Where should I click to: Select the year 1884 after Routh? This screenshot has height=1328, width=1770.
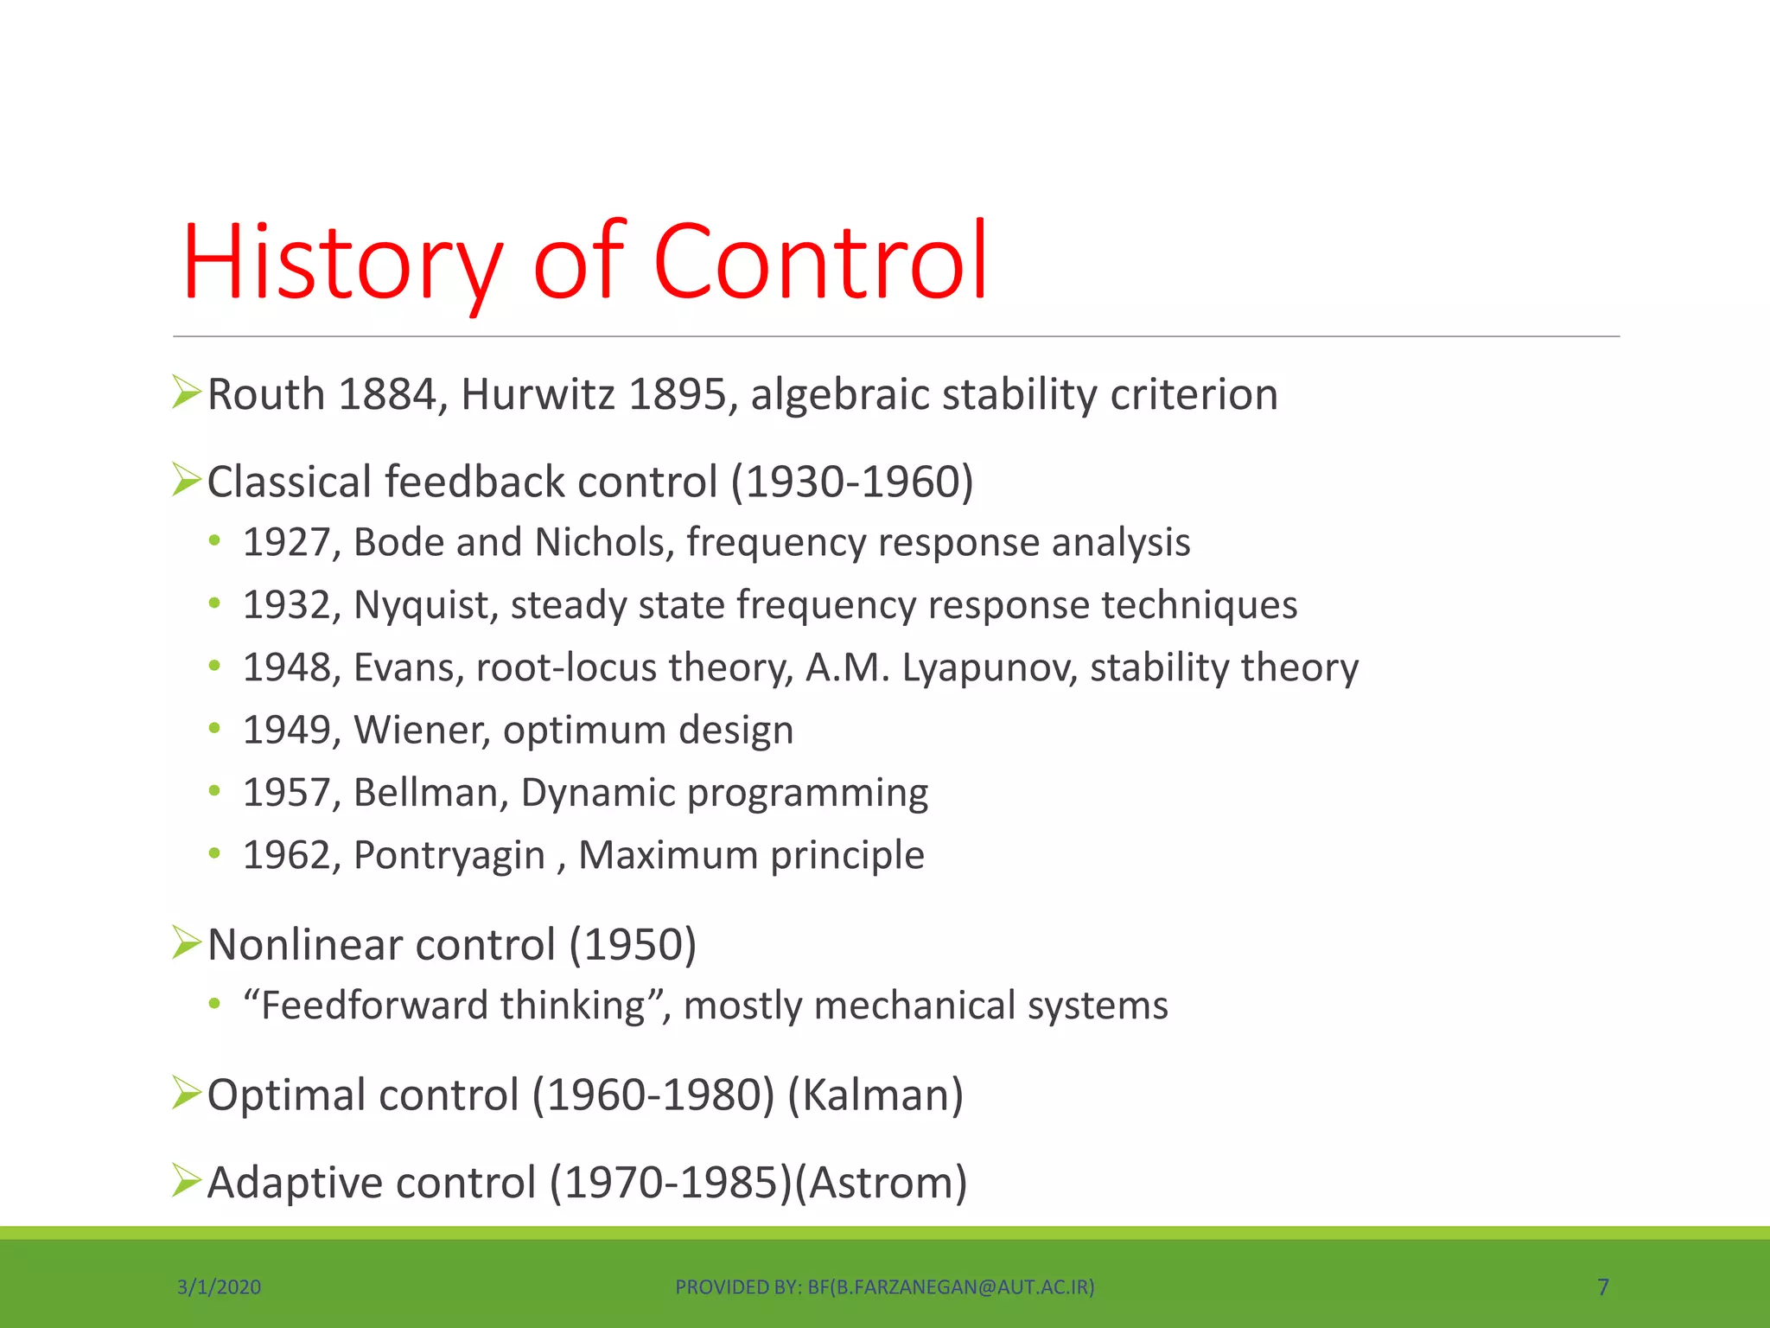point(387,394)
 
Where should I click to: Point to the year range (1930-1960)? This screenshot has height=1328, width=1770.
point(852,482)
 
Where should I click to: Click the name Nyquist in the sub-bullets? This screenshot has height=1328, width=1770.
point(421,605)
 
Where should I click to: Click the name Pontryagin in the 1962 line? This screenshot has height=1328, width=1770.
point(449,855)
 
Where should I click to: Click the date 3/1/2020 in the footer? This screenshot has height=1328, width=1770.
point(219,1287)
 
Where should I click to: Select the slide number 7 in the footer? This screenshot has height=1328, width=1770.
point(1602,1287)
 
